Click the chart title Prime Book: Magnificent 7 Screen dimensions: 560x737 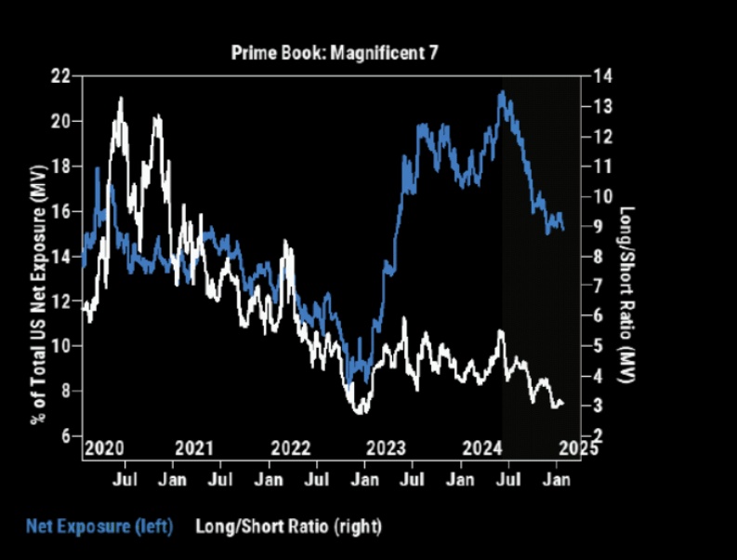pos(334,53)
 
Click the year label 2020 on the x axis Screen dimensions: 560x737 pos(103,448)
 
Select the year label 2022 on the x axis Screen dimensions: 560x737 pos(293,448)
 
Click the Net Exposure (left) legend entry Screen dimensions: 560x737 pos(99,527)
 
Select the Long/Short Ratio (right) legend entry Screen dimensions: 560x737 pos(288,527)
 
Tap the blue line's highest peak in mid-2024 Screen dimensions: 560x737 pos(502,91)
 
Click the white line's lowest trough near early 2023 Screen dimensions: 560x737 pos(360,412)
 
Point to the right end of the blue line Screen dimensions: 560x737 pos(563,229)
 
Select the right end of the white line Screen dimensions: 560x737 pos(563,403)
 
